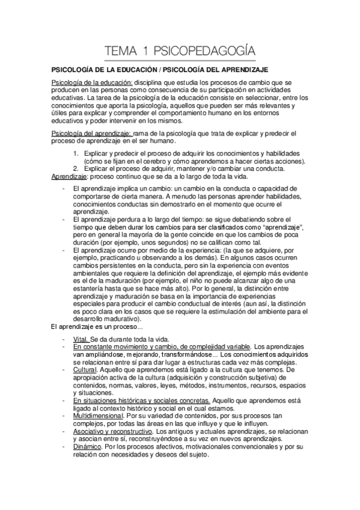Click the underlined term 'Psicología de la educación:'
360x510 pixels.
91,81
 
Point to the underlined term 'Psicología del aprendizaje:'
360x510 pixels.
92,132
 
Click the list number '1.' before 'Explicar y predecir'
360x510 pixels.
76,153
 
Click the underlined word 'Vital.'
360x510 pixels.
81,339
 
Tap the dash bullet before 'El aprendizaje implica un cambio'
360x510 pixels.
64,188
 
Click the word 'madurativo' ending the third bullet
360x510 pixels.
116,319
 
